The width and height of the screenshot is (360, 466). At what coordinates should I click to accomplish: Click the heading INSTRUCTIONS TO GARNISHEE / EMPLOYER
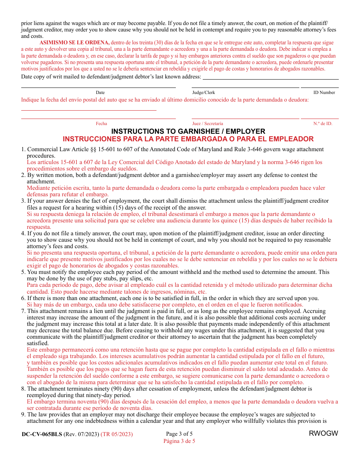(x=188, y=131)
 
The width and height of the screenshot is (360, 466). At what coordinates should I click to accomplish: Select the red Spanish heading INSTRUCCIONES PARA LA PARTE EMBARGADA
(x=188, y=139)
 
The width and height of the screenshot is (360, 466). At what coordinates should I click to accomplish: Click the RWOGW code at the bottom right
(x=323, y=434)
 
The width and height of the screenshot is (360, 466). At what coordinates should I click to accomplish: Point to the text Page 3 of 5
(x=179, y=434)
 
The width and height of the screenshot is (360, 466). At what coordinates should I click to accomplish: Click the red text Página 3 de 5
(x=179, y=441)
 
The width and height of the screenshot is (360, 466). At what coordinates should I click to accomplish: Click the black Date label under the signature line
(x=100, y=92)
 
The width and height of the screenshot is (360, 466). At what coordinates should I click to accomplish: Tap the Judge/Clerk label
(x=203, y=92)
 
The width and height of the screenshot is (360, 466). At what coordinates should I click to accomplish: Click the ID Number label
(x=324, y=92)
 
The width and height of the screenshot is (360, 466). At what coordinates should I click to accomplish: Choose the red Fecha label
(x=101, y=124)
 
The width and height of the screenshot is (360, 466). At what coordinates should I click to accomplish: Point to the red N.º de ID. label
(x=322, y=124)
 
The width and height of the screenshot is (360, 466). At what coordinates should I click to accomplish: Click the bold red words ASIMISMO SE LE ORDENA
(x=75, y=43)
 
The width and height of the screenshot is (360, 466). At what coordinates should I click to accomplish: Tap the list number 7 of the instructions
(x=23, y=311)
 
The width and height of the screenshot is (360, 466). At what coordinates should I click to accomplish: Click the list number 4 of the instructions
(x=23, y=233)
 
